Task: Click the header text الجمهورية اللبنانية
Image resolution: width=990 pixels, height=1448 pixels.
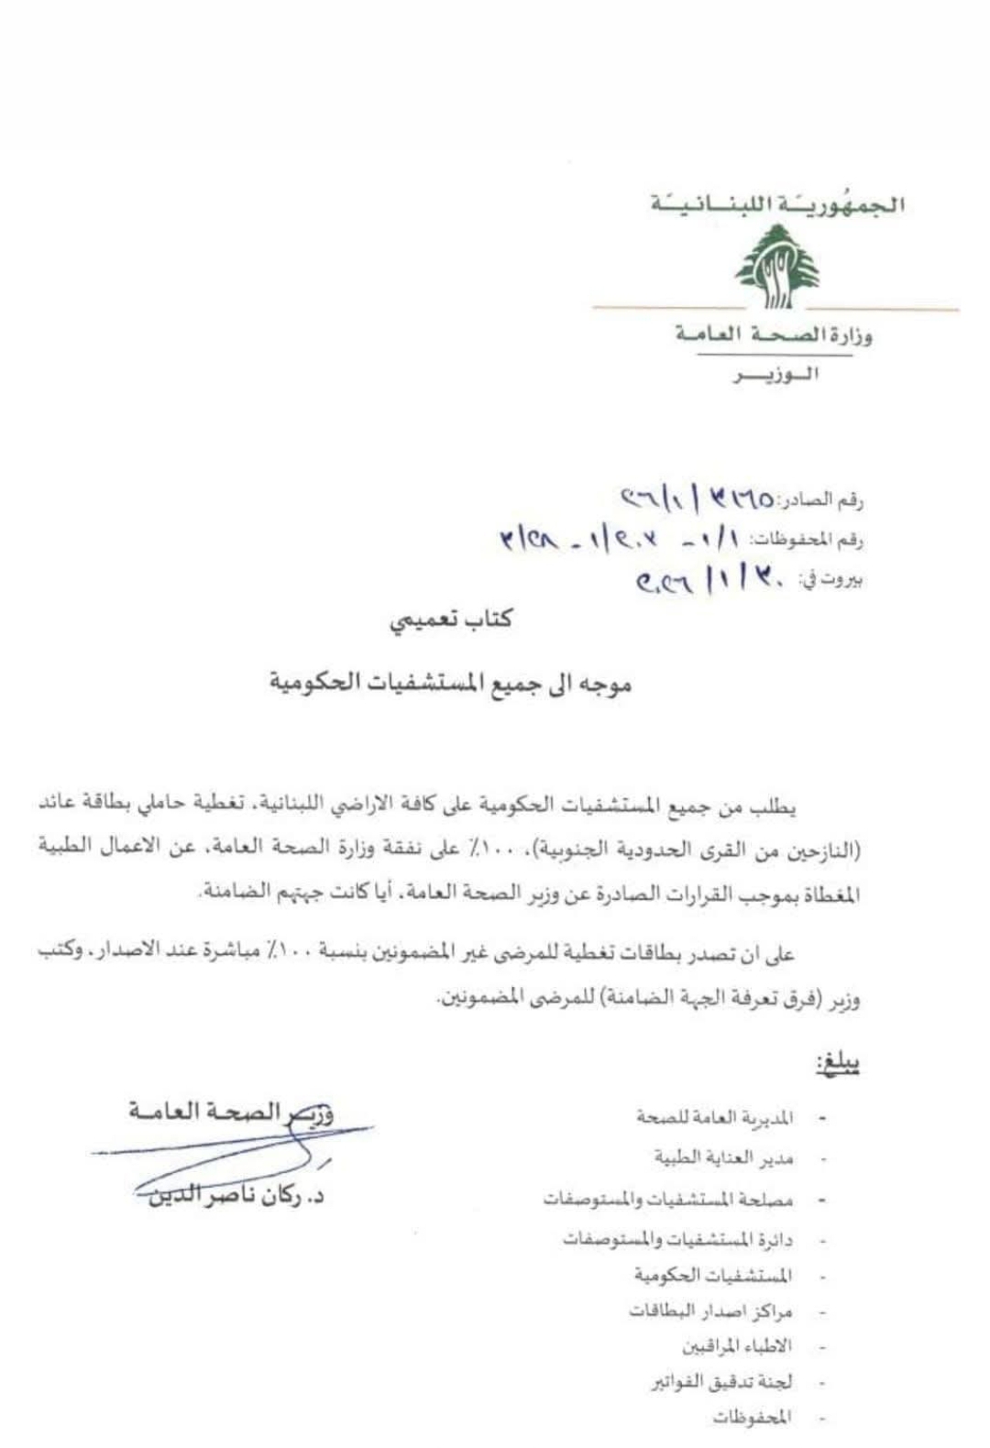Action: [777, 203]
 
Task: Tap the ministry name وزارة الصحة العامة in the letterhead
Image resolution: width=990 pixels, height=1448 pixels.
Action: [775, 335]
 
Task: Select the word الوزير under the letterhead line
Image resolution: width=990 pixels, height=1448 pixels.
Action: [775, 375]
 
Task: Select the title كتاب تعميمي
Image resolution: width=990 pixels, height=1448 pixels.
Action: [451, 620]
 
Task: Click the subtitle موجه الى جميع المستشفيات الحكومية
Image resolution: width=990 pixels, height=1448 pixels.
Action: [450, 683]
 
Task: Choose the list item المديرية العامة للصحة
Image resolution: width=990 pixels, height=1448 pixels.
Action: [715, 1117]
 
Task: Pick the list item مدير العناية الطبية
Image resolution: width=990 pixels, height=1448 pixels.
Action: [724, 1157]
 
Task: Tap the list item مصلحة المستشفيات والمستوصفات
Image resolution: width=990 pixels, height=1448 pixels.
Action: [667, 1199]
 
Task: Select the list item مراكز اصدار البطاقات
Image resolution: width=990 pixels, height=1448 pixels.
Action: [710, 1311]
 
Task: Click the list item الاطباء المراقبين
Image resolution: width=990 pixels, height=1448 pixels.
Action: [737, 1346]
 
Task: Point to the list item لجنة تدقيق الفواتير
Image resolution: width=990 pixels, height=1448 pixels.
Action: [722, 1381]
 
